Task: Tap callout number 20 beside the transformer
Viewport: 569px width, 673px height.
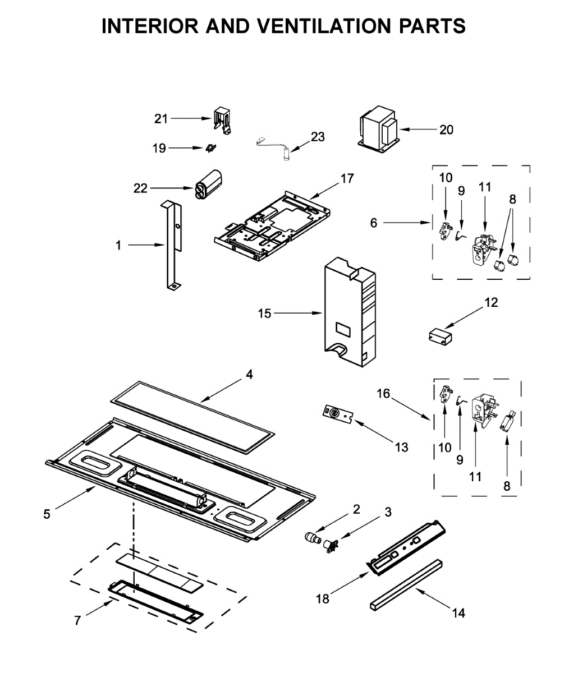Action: [x=446, y=130]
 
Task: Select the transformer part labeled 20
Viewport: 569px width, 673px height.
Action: [x=378, y=131]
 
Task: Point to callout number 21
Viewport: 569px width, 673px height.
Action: [x=161, y=118]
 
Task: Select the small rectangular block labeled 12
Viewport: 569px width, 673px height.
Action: [x=439, y=335]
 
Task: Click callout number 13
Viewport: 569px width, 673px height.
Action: [x=401, y=447]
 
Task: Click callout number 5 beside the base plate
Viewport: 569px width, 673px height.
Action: [x=47, y=514]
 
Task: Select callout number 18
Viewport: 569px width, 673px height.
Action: [x=323, y=598]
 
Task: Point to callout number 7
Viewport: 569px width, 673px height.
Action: [x=77, y=620]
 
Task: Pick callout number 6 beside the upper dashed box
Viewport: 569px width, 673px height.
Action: [x=374, y=223]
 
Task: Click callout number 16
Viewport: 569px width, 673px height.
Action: [x=383, y=394]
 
